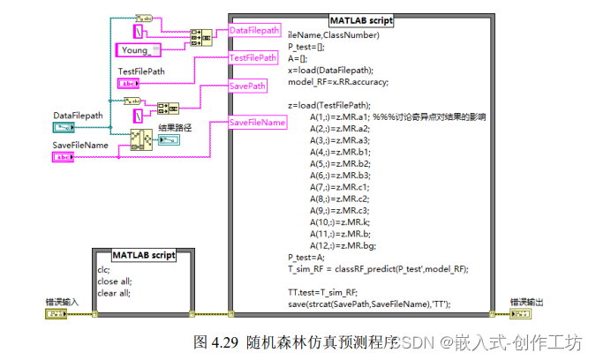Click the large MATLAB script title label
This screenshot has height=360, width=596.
pyautogui.click(x=362, y=19)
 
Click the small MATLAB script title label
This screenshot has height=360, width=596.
pyautogui.click(x=144, y=255)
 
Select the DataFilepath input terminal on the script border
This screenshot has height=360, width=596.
pyautogui.click(x=254, y=31)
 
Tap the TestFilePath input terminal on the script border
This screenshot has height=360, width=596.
pyautogui.click(x=253, y=58)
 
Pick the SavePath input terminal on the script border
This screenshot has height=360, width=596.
pyautogui.click(x=248, y=86)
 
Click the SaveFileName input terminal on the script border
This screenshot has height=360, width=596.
pyautogui.click(x=258, y=123)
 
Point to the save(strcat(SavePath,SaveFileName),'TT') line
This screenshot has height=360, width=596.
pyautogui.click(x=369, y=304)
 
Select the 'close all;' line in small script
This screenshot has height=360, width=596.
pyautogui.click(x=114, y=281)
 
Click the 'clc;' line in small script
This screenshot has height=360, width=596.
pyautogui.click(x=104, y=270)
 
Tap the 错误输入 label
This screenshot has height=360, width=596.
pyautogui.click(x=63, y=302)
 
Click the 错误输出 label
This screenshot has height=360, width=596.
pyautogui.click(x=527, y=302)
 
